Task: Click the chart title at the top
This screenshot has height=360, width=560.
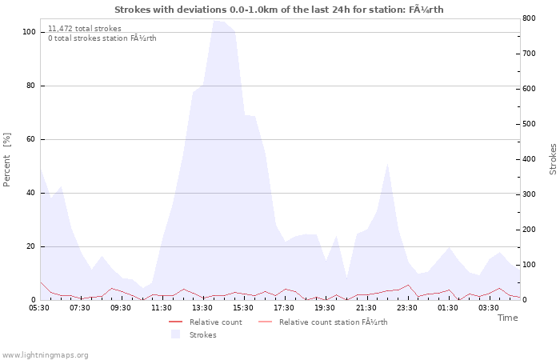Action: click(279, 10)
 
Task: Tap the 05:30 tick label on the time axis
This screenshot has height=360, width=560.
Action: click(39, 307)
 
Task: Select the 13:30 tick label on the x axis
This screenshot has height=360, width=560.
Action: click(202, 307)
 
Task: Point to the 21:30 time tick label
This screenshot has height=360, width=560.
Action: click(366, 307)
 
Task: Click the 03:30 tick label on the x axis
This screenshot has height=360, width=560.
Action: click(488, 307)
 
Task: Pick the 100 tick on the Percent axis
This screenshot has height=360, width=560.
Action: click(29, 32)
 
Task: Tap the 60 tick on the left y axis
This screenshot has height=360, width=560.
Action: click(31, 139)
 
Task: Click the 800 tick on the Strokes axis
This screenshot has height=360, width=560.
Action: click(528, 18)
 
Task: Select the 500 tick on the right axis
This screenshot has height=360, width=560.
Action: click(528, 124)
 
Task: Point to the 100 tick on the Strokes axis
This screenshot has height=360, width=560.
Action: click(528, 265)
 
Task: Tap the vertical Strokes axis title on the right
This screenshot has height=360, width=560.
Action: click(553, 159)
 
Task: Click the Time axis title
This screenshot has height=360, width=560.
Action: click(507, 318)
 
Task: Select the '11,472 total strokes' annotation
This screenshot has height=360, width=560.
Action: click(85, 29)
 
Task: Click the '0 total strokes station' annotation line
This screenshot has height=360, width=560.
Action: click(102, 38)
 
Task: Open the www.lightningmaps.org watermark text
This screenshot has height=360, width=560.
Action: click(45, 355)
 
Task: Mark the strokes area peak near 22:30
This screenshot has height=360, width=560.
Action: click(387, 163)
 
